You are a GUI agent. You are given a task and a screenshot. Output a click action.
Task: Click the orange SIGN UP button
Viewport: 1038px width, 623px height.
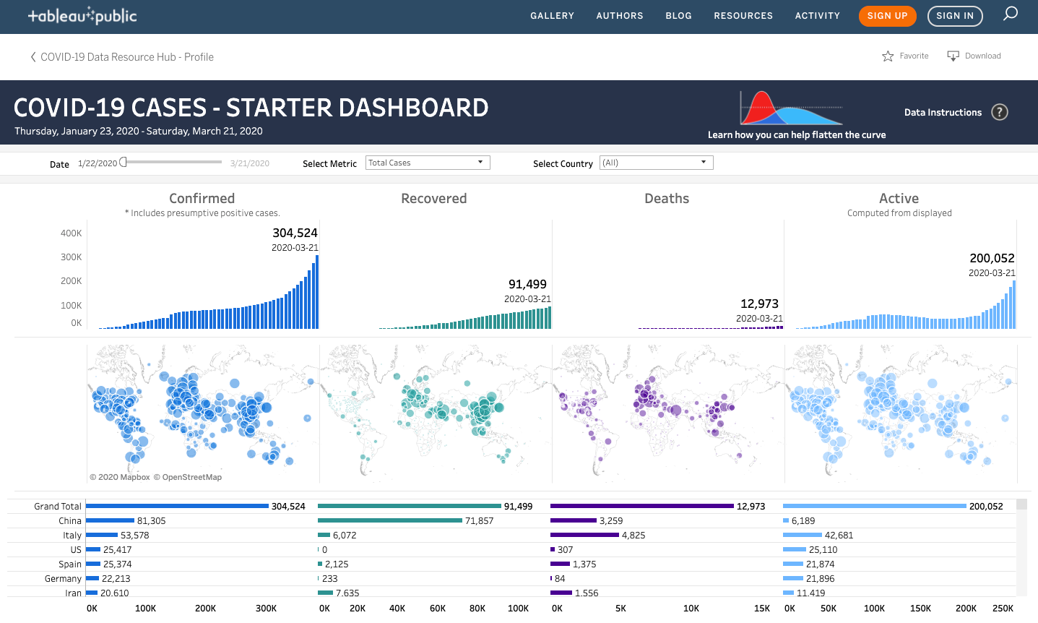(x=887, y=16)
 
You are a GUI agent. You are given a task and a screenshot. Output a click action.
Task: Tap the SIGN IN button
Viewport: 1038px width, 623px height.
(x=955, y=16)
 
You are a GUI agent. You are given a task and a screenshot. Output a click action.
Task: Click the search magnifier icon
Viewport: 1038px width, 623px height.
(x=1011, y=14)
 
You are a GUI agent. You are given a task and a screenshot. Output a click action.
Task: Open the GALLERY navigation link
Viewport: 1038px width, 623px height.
(x=552, y=16)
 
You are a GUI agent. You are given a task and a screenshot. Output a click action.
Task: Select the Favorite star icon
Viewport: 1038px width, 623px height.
(x=888, y=56)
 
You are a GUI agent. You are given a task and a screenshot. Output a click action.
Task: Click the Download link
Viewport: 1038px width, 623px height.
(x=974, y=56)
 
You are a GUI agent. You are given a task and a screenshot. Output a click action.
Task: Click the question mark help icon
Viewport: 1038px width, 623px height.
(x=1000, y=112)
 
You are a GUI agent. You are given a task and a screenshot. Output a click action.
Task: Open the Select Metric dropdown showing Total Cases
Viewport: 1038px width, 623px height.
(x=428, y=163)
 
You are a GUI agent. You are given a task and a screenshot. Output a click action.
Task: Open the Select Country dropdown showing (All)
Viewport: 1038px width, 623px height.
(x=656, y=163)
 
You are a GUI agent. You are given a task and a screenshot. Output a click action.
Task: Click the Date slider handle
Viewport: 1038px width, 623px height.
(x=124, y=163)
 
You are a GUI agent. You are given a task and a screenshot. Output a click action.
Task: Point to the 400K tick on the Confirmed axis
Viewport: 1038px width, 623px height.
(x=72, y=233)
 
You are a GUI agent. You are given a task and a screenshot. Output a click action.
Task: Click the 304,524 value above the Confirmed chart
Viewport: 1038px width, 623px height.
(x=295, y=233)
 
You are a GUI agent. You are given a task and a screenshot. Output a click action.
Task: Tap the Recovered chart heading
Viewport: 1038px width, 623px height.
(x=434, y=198)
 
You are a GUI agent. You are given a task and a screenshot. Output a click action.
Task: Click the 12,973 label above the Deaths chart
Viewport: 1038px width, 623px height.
(x=759, y=304)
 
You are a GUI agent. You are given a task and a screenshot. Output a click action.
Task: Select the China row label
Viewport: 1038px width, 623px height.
(x=70, y=520)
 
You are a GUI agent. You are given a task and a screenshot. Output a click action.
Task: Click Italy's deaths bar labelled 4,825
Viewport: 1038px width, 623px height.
(x=584, y=535)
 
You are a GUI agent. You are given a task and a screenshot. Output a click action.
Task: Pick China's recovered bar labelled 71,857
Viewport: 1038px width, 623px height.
(x=390, y=520)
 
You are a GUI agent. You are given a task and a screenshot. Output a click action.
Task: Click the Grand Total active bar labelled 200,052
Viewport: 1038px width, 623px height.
(x=874, y=506)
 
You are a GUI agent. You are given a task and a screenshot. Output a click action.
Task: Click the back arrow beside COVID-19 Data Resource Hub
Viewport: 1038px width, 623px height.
(x=33, y=57)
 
